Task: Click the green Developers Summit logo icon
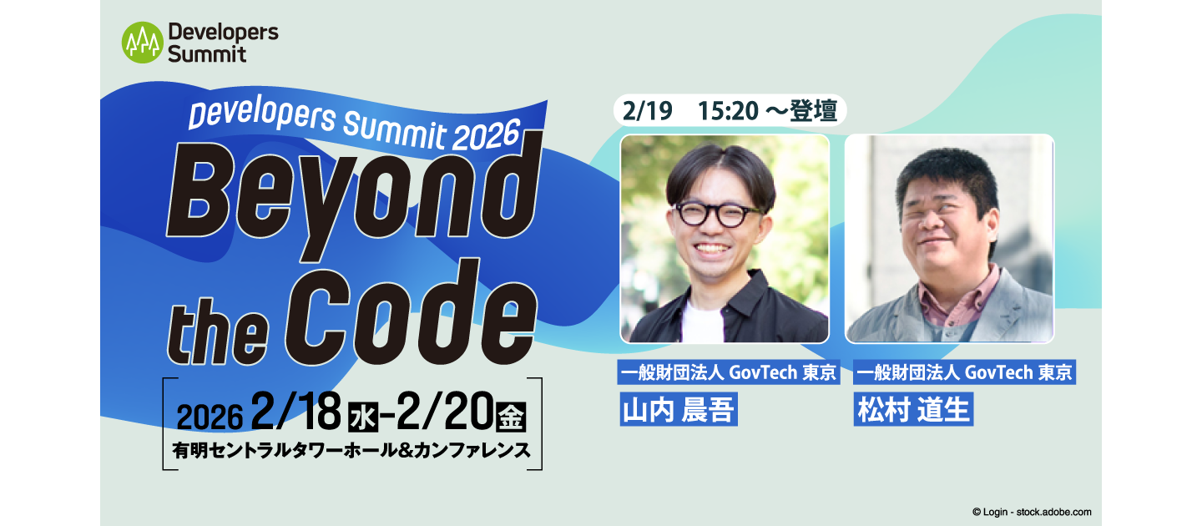pos(142,43)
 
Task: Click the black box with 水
pos(361,416)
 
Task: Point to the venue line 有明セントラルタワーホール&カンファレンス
pos(351,450)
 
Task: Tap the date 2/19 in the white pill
pos(648,112)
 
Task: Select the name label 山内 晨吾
pos(679,410)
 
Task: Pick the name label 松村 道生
pos(913,410)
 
